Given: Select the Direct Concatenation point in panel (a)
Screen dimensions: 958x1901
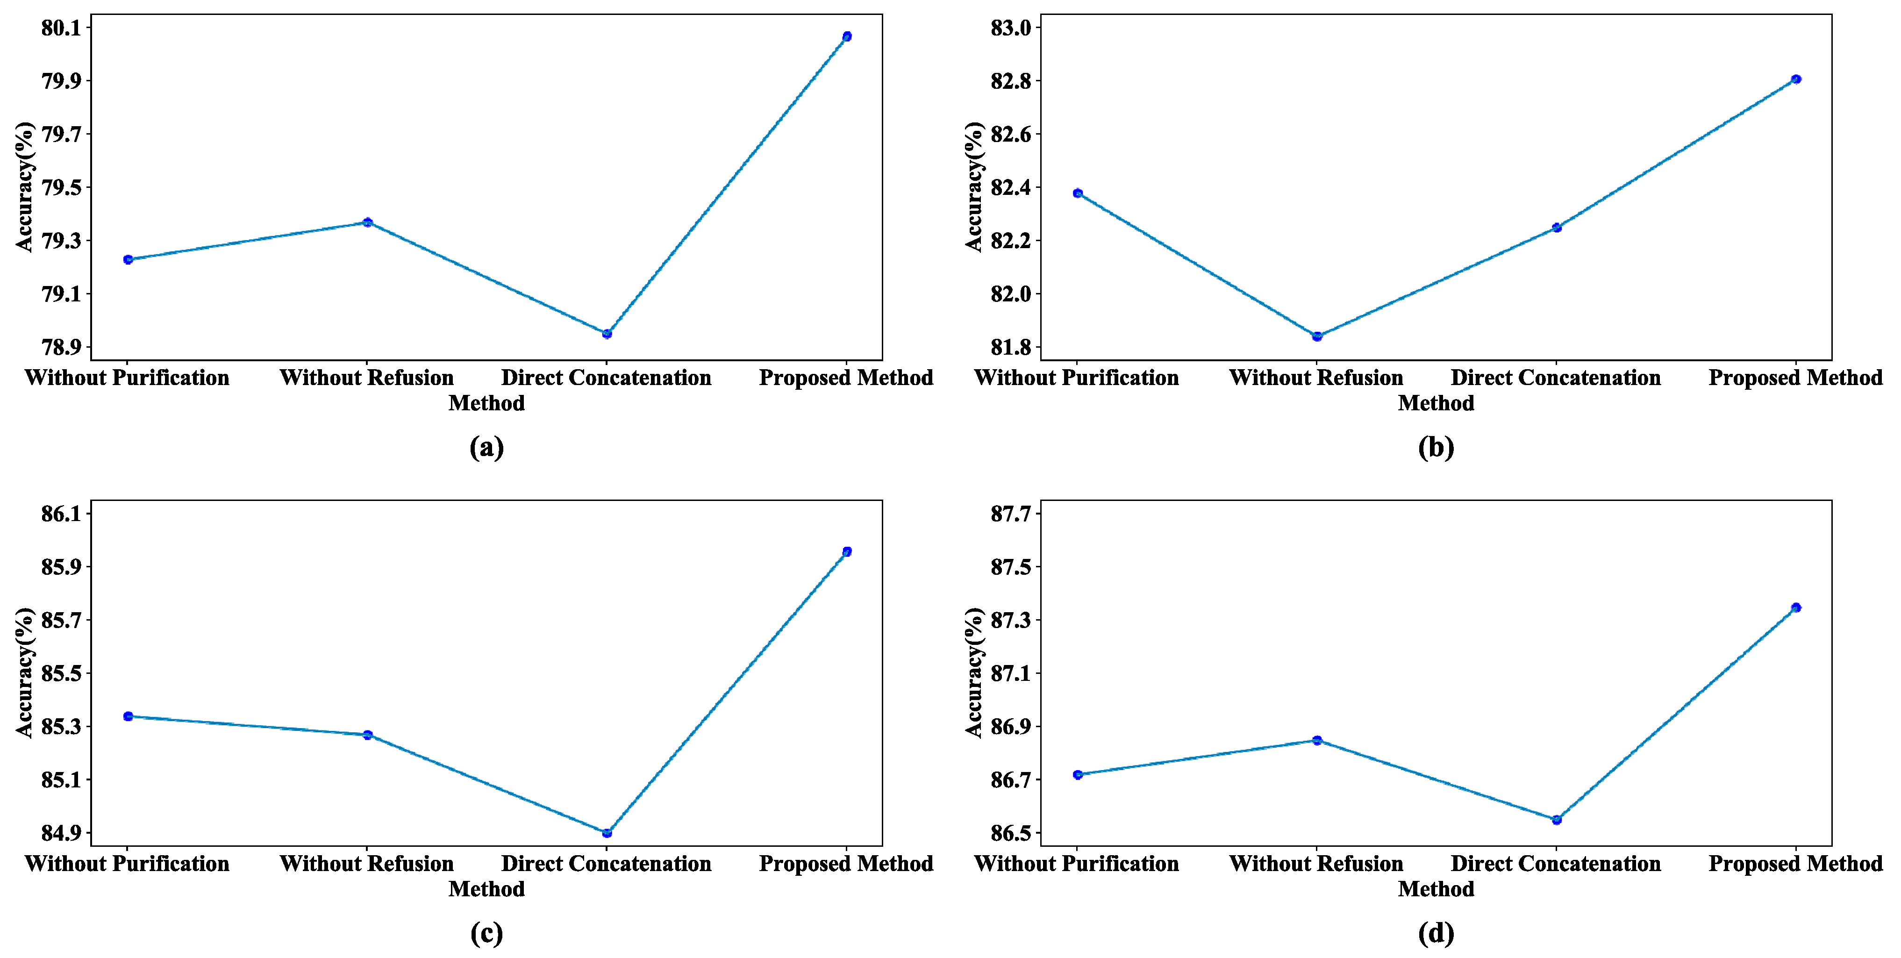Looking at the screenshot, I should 607,334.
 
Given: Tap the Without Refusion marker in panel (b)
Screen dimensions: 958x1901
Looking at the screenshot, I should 1316,336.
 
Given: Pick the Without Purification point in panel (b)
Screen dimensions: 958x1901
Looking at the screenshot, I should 1078,193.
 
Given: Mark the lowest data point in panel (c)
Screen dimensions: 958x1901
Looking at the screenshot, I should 607,833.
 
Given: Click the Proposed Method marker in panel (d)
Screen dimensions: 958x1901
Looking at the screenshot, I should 1795,608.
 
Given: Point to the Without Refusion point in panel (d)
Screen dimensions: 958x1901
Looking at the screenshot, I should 1316,740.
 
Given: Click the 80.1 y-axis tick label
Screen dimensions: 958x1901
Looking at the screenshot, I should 61,28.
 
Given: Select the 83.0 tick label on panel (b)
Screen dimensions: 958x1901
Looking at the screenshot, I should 1010,28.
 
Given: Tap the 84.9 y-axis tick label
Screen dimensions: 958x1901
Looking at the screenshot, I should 61,833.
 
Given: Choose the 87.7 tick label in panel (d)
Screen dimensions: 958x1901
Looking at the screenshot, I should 1010,514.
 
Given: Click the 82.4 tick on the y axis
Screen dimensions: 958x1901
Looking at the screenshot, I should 1010,188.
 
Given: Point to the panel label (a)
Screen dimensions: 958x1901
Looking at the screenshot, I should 486,447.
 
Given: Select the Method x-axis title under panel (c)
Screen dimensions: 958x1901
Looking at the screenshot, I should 486,889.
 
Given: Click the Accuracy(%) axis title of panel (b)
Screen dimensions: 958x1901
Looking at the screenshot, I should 974,187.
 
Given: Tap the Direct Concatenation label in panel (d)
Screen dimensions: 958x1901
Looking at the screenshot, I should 1556,864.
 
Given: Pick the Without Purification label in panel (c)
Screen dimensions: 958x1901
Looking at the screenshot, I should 127,864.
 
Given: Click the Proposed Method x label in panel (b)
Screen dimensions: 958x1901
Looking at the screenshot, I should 1795,378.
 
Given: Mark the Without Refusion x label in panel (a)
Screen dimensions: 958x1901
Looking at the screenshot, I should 367,378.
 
